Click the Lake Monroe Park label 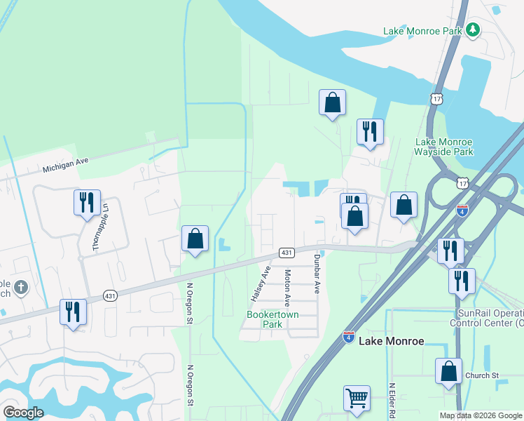point(423,31)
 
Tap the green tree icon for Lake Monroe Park point(474,29)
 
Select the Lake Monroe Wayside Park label point(444,147)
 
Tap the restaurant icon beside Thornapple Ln point(87,203)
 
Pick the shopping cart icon point(357,398)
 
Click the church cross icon point(21,287)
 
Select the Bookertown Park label point(273,319)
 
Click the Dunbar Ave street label point(316,275)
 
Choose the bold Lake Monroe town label point(391,341)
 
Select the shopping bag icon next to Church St point(448,371)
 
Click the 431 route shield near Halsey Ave point(285,252)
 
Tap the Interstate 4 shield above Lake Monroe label point(347,338)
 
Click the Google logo point(23,413)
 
